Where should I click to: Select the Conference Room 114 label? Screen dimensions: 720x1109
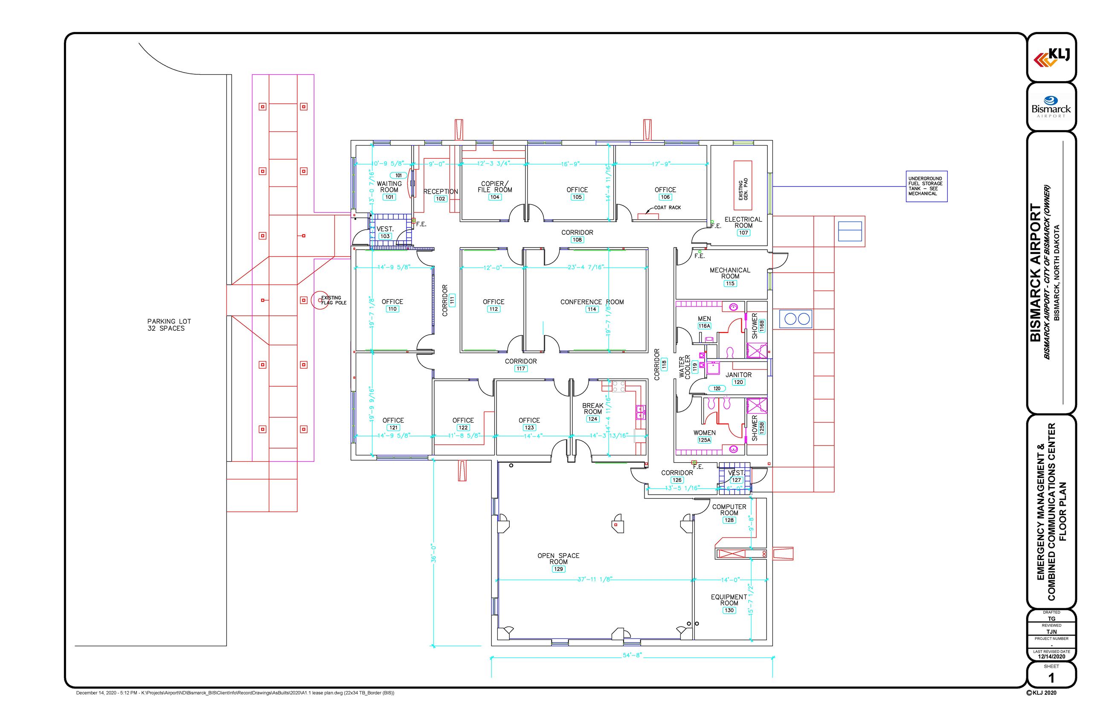coord(592,302)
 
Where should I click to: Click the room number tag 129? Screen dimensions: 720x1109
coord(558,569)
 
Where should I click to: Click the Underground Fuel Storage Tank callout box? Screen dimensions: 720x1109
coord(926,186)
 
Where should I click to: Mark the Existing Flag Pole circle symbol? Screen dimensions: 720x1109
coord(319,300)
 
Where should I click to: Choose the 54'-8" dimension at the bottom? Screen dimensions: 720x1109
coord(632,655)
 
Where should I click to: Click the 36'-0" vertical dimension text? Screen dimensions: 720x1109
coord(433,553)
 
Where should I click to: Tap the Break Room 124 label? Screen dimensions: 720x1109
coord(593,409)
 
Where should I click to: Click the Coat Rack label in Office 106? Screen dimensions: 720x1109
coord(667,207)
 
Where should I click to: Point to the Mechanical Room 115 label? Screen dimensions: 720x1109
coord(730,273)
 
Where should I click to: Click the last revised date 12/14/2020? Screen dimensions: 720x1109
coord(1051,656)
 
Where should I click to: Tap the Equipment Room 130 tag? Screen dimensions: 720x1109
coord(729,610)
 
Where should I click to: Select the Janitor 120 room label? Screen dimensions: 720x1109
coord(739,375)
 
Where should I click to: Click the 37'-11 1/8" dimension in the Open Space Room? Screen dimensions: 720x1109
coord(595,579)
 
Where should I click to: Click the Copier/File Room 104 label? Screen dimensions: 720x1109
coord(494,187)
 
